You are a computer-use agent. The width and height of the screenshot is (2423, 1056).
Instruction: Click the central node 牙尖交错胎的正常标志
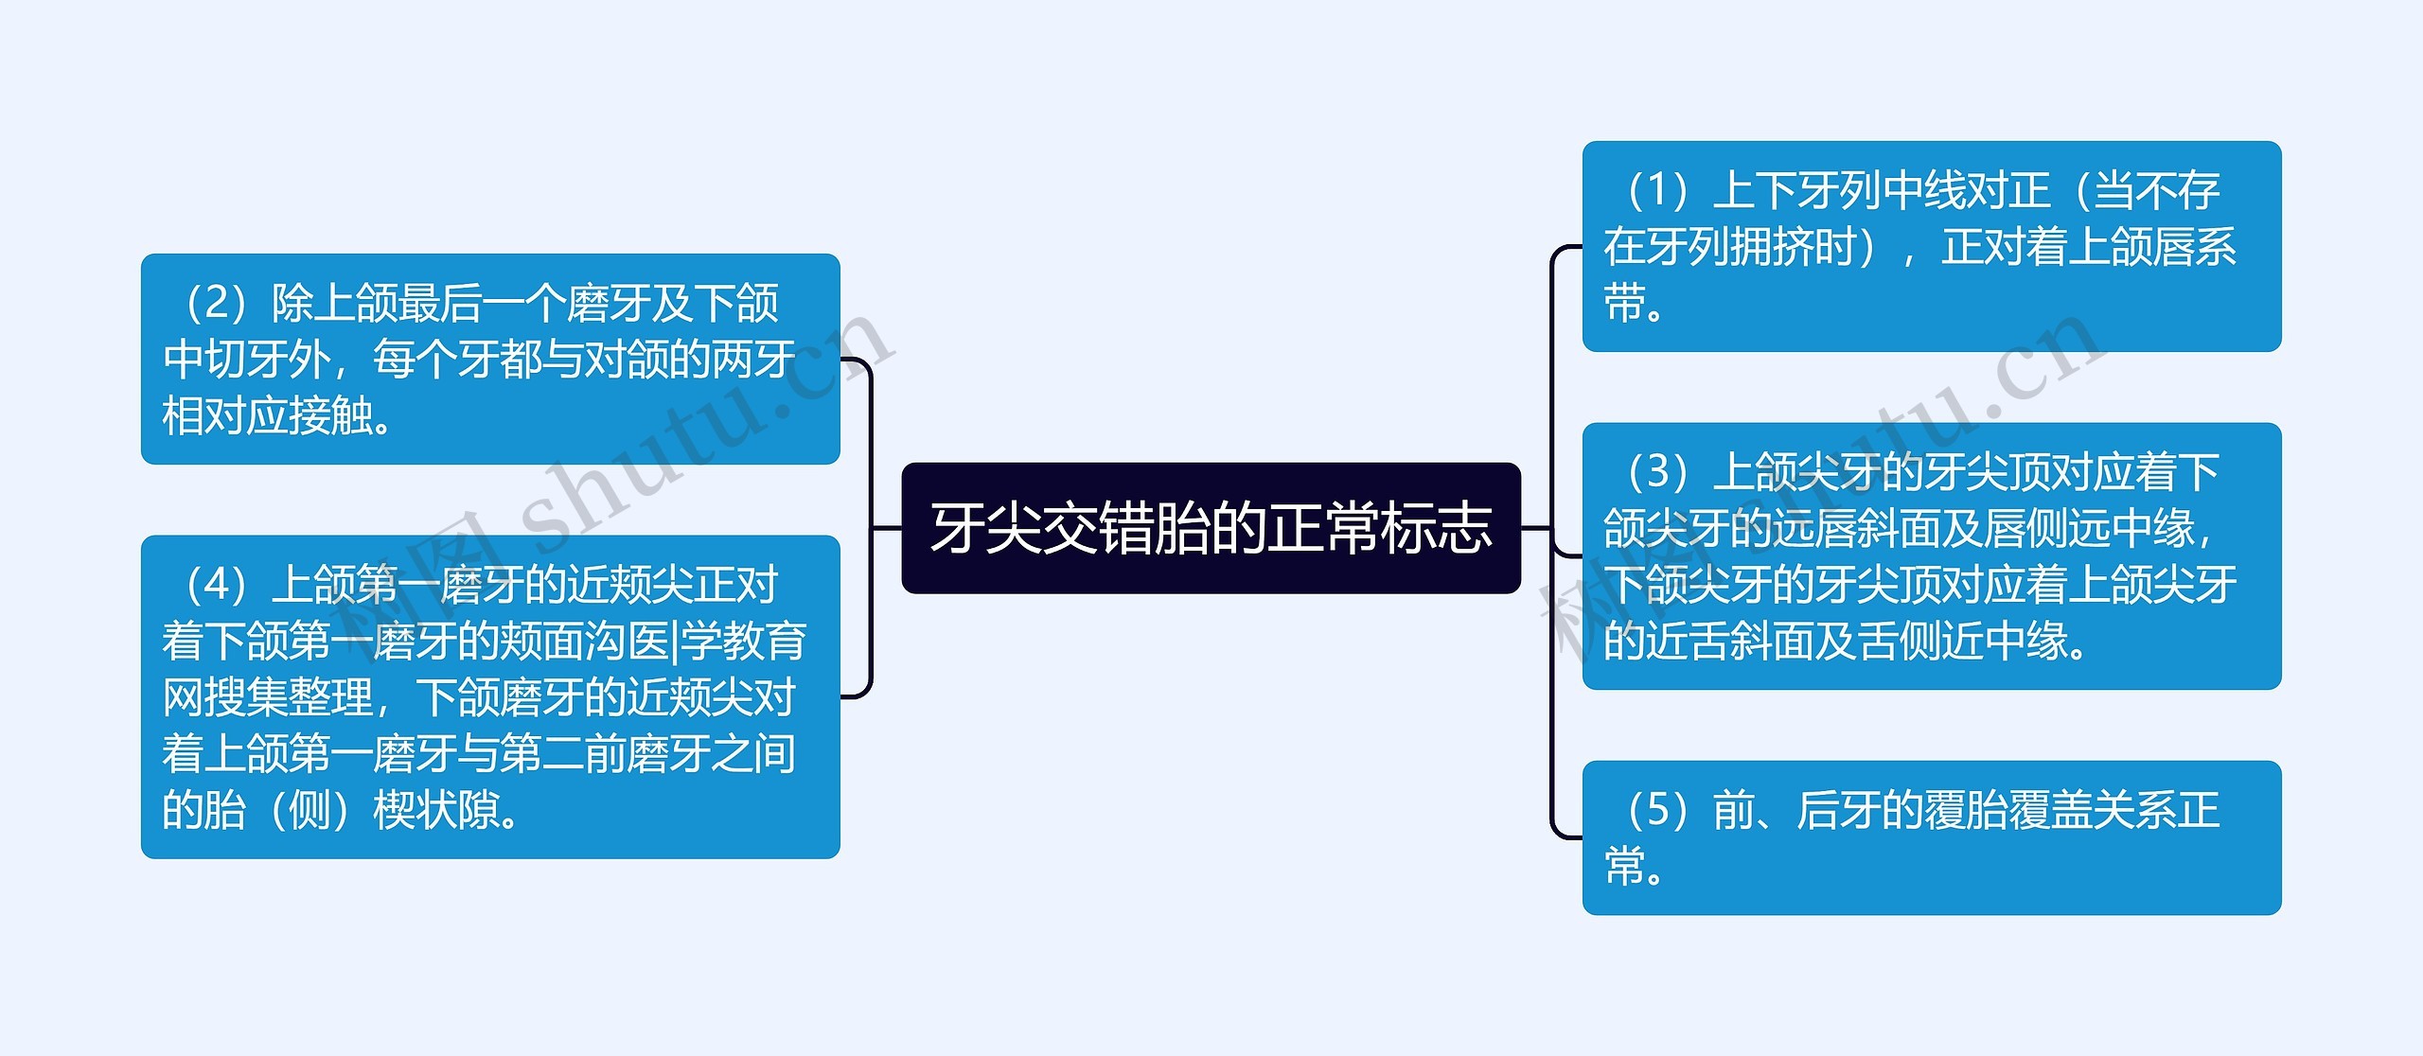point(1211,528)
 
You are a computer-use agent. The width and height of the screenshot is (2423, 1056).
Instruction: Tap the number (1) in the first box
point(1656,190)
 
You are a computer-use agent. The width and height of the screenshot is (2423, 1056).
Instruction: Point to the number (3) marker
point(1656,471)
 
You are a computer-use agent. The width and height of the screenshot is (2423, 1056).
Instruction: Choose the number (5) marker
point(1656,810)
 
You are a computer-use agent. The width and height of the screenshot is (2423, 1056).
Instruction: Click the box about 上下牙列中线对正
point(1931,246)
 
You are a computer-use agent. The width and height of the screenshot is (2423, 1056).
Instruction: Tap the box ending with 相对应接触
point(490,359)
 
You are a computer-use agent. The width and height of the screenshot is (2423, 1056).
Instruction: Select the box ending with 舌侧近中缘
point(1931,555)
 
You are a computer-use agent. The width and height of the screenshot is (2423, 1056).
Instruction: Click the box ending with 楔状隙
point(490,696)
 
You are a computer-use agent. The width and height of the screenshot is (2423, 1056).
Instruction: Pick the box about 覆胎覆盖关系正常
point(1931,837)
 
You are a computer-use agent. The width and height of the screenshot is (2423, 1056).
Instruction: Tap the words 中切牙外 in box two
point(247,360)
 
